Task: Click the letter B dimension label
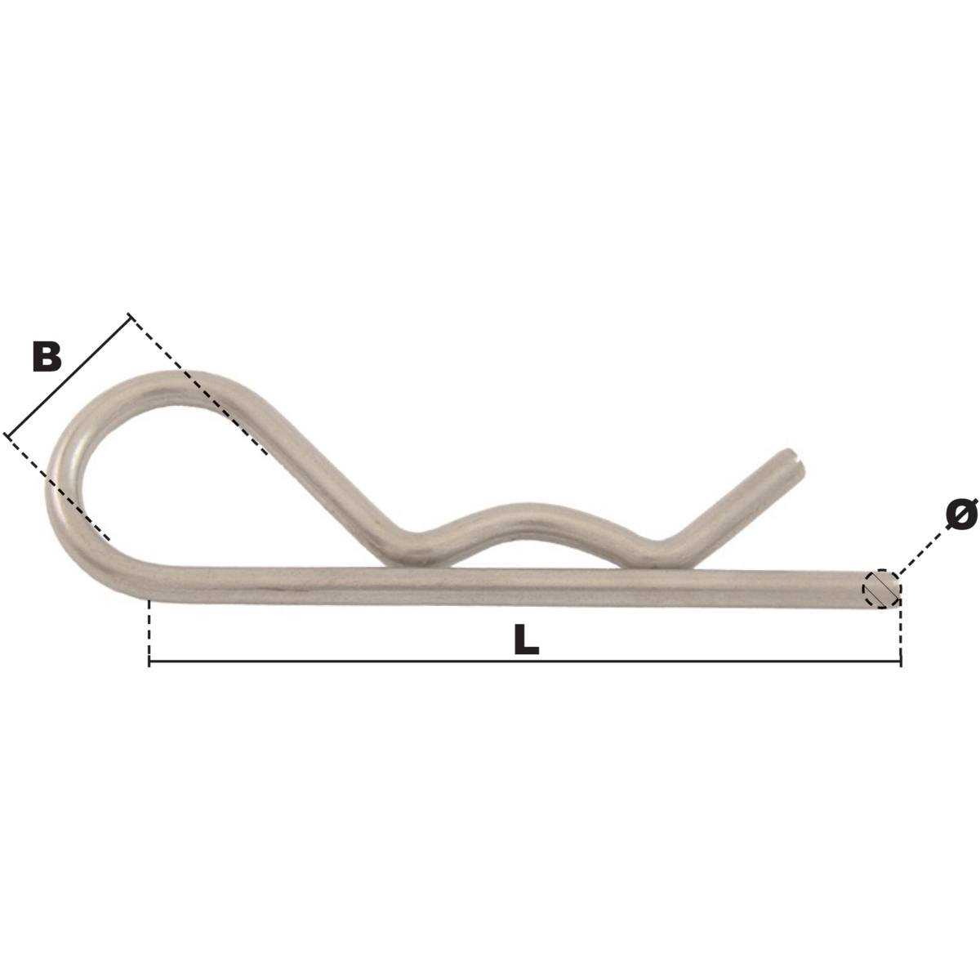pos(47,357)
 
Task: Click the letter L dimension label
pos(527,640)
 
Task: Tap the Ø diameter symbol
pos(961,514)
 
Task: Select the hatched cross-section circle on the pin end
pos(880,588)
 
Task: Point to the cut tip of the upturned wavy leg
pos(797,460)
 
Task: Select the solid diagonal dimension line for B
pos(69,376)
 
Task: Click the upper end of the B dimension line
pos(130,315)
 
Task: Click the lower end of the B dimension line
pos(7,435)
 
